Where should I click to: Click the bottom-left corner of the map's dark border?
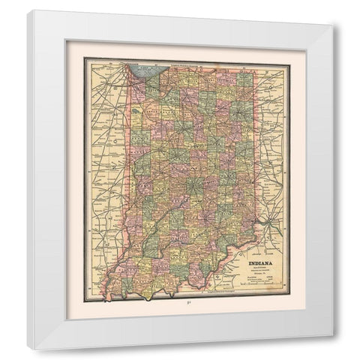(84, 299)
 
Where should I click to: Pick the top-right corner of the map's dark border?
(289, 59)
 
